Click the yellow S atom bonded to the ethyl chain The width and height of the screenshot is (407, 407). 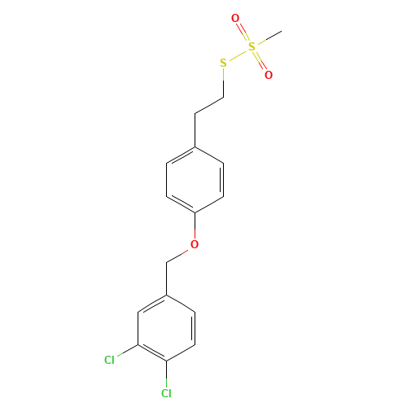coord(222,63)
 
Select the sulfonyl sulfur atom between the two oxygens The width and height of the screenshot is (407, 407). coord(252,46)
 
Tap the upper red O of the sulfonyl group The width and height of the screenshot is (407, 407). coord(235,18)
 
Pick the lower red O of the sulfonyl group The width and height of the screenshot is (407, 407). coord(268,75)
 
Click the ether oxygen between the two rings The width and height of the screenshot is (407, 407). coord(195,244)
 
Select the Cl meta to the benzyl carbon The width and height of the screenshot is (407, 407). coord(109,359)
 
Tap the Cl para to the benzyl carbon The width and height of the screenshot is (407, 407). coord(166,393)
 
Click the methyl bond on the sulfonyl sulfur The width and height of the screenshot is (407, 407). coord(267,39)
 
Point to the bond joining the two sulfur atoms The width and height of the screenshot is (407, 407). coord(237,55)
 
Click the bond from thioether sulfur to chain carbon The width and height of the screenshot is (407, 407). coord(223,81)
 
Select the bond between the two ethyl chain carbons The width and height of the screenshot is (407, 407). coord(209,105)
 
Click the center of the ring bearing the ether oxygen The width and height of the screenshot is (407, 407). coord(195,179)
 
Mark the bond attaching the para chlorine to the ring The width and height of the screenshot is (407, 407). coord(166,372)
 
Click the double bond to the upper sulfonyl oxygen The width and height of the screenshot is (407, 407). coord(243,33)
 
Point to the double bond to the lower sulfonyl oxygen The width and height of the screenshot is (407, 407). coord(260,61)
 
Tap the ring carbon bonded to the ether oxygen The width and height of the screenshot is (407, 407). coord(195,212)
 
